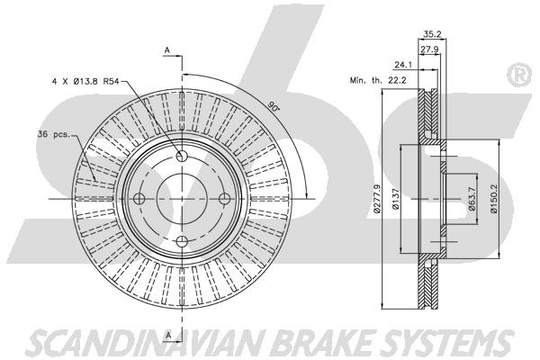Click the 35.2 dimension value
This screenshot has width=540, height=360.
point(432,34)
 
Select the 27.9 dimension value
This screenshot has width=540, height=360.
point(429,49)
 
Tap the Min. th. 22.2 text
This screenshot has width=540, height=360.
point(378,80)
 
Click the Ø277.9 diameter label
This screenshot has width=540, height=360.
point(377,199)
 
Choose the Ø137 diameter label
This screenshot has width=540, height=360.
point(396,199)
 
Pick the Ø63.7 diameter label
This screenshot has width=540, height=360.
point(472,199)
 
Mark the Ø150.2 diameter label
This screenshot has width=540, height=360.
point(494,199)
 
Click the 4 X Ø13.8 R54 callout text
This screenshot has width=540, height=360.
point(85,82)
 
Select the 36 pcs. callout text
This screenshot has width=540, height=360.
point(53,134)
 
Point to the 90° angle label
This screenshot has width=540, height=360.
point(273,106)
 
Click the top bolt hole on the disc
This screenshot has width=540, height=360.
point(182,156)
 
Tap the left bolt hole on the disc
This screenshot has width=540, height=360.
point(139,198)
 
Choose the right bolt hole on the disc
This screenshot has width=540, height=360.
point(224,198)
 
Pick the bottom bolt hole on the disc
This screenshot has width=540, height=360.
point(182,241)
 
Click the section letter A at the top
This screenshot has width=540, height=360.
point(167,50)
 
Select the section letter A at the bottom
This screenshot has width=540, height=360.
point(168,335)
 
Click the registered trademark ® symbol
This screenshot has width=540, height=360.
point(519,75)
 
